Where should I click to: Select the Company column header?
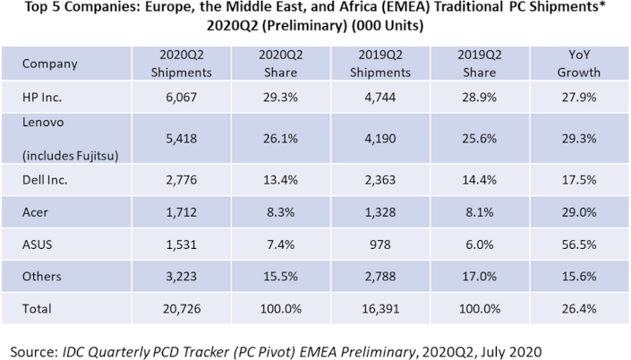click(50, 64)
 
